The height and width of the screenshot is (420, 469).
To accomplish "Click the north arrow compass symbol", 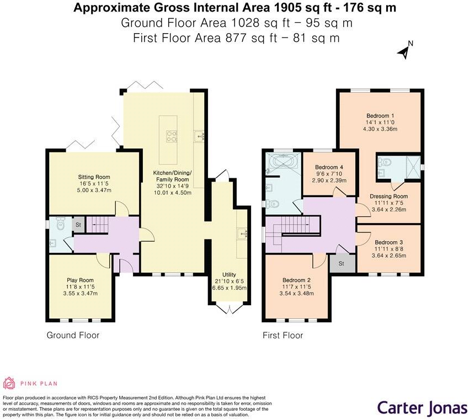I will (x=404, y=51).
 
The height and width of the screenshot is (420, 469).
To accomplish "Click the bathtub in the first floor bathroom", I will (x=282, y=163).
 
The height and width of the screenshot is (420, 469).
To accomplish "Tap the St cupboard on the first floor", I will (x=341, y=264).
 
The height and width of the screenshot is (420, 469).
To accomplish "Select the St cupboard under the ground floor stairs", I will (x=78, y=225).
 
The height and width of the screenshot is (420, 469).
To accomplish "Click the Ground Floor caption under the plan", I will (x=73, y=335).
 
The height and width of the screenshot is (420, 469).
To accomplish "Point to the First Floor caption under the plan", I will (x=283, y=335).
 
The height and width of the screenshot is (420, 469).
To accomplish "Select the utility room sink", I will (x=242, y=233).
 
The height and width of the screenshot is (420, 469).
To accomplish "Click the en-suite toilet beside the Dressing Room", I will (x=385, y=162).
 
